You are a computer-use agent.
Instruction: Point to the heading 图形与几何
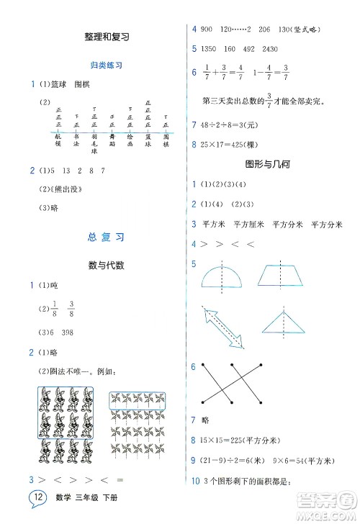point(266,163)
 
